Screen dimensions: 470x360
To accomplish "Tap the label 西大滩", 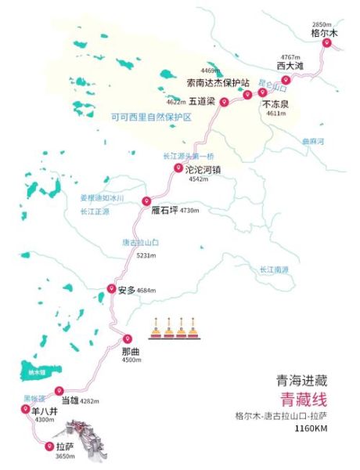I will point(290,67).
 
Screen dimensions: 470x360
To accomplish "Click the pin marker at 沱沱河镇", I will point(178,168).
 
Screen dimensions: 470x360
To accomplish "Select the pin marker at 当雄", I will point(59,391).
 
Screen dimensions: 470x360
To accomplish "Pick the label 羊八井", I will point(40,410).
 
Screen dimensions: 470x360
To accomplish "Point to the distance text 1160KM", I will point(310,429).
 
